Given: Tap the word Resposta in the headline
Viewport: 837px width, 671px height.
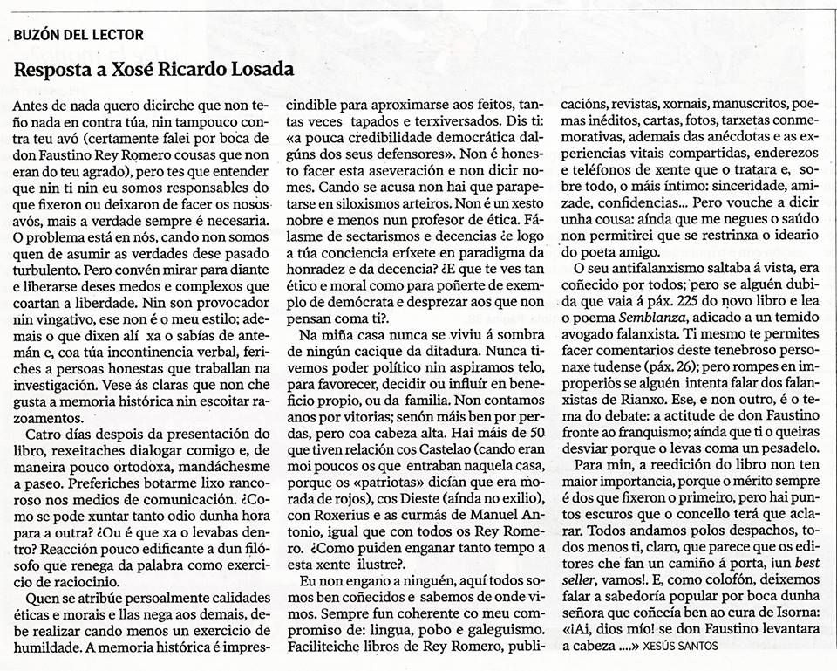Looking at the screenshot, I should pyautogui.click(x=53, y=70).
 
